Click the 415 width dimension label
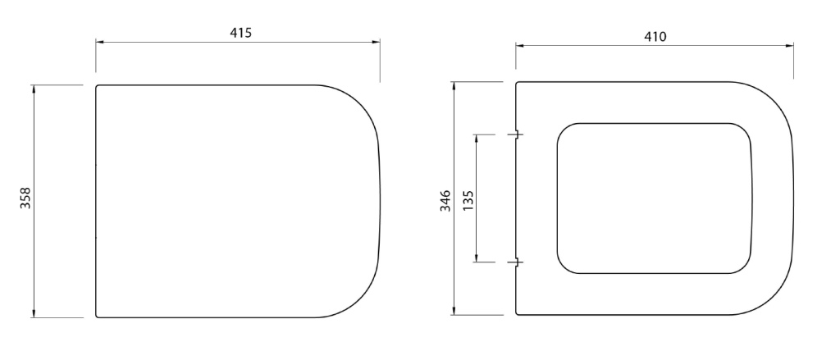pos(240,33)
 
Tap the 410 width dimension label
pos(655,36)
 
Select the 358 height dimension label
pos(25,198)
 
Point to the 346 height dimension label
pos(445,201)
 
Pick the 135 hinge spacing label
pos(468,200)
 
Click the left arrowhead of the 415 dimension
pos(99,42)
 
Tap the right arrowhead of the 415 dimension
pos(376,42)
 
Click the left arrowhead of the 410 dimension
pos(519,46)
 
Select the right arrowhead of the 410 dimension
pos(790,46)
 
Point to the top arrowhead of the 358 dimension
pos(34,89)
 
